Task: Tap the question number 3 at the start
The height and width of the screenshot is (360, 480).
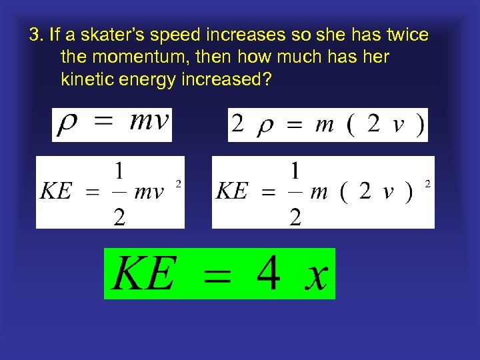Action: tap(34, 35)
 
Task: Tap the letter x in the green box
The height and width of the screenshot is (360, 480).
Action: tap(315, 275)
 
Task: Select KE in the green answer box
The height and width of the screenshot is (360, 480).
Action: tap(144, 274)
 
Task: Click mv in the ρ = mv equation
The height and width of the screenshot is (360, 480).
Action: tap(149, 122)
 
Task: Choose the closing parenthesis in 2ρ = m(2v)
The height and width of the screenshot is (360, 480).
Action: tap(419, 125)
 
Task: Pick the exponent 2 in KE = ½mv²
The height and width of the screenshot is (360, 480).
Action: tap(178, 183)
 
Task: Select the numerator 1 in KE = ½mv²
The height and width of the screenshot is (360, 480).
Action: tap(119, 171)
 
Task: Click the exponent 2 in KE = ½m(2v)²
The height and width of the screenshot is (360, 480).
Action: tap(427, 183)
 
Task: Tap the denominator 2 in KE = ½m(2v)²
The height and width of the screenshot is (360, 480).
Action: tap(295, 216)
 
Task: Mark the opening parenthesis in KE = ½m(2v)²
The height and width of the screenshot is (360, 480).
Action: tap(342, 192)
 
